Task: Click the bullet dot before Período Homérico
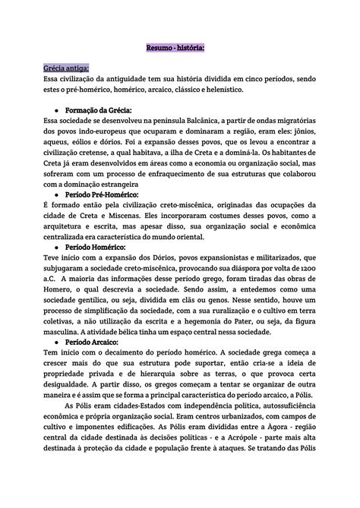(58, 247)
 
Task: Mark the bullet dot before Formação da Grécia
(58, 109)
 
